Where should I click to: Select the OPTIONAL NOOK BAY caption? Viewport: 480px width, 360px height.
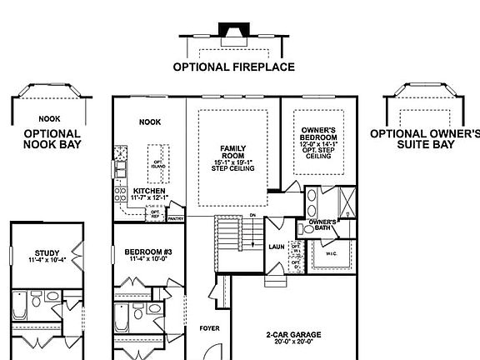click(52, 138)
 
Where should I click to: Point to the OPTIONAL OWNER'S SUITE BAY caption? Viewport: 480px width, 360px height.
click(425, 138)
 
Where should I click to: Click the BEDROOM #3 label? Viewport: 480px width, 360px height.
click(149, 255)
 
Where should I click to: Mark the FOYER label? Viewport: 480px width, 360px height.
click(209, 328)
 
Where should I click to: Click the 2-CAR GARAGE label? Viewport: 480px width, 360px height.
click(294, 338)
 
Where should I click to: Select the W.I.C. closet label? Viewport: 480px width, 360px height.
click(331, 254)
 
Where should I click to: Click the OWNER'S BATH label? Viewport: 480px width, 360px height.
click(322, 225)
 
